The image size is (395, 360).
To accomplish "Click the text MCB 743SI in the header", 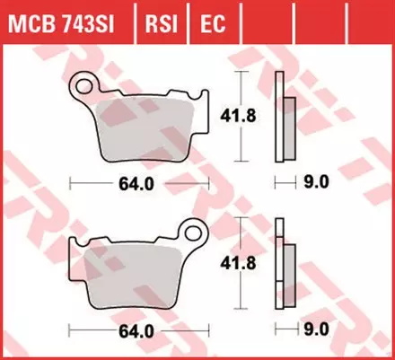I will point(66,21).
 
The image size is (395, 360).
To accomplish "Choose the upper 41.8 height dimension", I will point(235,115).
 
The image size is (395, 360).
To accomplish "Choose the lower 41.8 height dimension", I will point(235,261).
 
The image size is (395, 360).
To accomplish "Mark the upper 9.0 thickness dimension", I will point(318,182).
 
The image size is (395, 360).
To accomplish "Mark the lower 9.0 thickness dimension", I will point(318,329).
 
